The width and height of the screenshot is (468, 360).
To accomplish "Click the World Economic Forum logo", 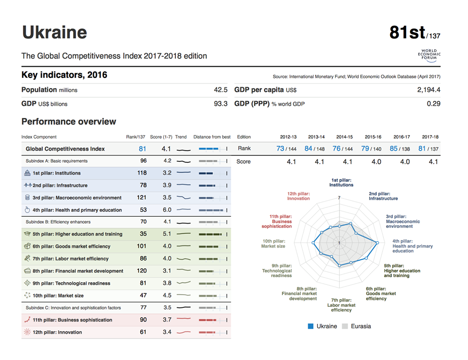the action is tap(429, 55).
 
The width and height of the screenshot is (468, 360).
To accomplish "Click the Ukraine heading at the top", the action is tap(55, 32).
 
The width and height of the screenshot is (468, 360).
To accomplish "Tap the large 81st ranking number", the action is tap(407, 32).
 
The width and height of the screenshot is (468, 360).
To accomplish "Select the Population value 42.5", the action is tap(220, 90).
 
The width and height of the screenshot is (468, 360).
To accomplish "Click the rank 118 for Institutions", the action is tap(142, 173).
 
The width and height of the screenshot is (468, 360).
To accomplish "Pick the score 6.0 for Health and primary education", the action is tap(167, 210).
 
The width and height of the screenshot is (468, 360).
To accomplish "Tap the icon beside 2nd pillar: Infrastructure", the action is tap(27, 186).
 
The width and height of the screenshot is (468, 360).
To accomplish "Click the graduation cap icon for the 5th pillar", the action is tap(27, 234).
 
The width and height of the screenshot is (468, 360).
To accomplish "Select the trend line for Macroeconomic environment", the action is tap(183, 198).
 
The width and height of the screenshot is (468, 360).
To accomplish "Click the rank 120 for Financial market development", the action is tap(142, 271).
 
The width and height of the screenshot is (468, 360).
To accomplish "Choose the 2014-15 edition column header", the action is tap(344, 137).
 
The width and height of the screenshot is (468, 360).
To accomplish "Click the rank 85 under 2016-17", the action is tap(393, 149).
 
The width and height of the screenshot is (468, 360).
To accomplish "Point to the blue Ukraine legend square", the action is tap(311, 326).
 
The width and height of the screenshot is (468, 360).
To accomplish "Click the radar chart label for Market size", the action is tap(273, 244).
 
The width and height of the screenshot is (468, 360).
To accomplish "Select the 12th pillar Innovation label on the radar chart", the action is tap(298, 196).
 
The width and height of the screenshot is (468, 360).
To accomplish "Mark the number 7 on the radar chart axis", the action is tap(339, 198).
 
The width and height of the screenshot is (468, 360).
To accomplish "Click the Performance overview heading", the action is tap(69, 122).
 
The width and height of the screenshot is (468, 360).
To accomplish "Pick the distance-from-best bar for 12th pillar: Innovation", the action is tap(210, 332).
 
